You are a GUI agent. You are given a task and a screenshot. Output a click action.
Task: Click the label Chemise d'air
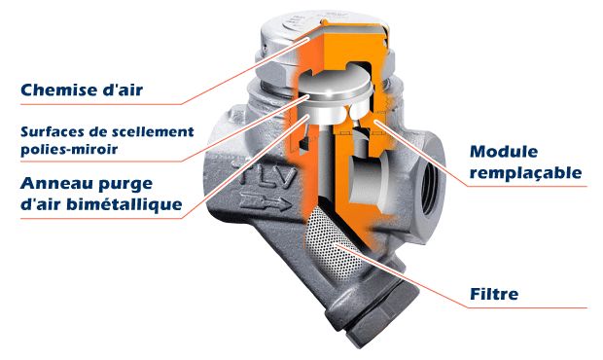[82, 90]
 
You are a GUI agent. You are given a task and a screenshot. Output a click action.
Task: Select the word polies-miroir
[69, 149]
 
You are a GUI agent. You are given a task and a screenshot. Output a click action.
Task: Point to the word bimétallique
[124, 203]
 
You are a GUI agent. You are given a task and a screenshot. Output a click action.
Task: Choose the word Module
[504, 152]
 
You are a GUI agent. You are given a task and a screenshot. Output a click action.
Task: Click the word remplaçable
[526, 172]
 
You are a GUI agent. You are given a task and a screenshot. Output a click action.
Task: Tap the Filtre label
[494, 294]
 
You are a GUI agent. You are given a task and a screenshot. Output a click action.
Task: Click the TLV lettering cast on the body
[268, 175]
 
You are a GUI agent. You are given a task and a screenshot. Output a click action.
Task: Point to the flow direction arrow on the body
[266, 202]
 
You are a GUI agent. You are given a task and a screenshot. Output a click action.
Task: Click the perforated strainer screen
[332, 241]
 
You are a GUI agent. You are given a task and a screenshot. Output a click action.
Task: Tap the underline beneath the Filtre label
[527, 307]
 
